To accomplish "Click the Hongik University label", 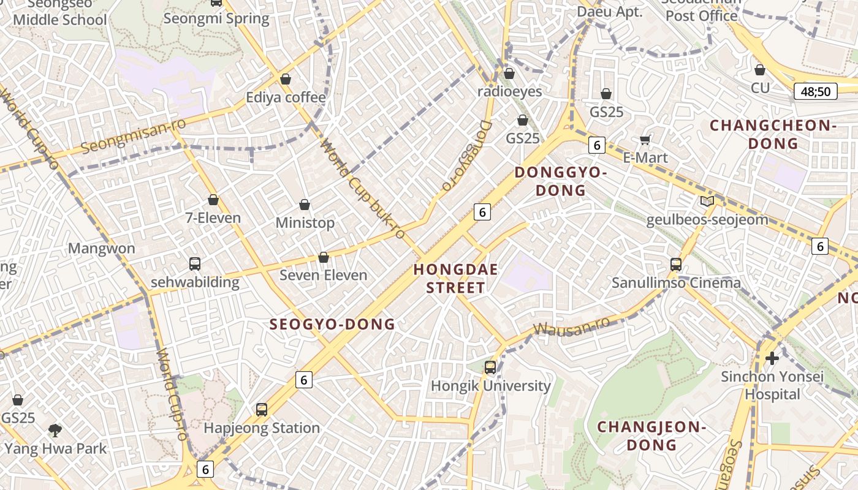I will pyautogui.click(x=491, y=386).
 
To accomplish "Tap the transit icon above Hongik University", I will pyautogui.click(x=490, y=367).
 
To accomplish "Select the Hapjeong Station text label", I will pyautogui.click(x=262, y=428).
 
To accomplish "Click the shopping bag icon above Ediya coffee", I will pyautogui.click(x=285, y=79).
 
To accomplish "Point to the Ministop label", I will pyautogui.click(x=305, y=222).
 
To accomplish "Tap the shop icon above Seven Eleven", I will pyautogui.click(x=323, y=257).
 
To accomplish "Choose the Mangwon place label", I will pyautogui.click(x=101, y=248).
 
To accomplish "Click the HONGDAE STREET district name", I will pyautogui.click(x=456, y=278).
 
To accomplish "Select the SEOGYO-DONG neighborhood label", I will pyautogui.click(x=333, y=325).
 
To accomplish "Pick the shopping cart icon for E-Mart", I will pyautogui.click(x=645, y=140).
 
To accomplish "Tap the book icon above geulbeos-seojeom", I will pyautogui.click(x=707, y=201).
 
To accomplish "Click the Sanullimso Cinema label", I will pyautogui.click(x=676, y=283).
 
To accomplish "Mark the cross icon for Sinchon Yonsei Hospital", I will pyautogui.click(x=772, y=358).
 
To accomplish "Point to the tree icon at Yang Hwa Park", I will pyautogui.click(x=55, y=430).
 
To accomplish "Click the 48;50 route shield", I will pyautogui.click(x=816, y=92).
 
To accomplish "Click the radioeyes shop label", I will pyautogui.click(x=510, y=91).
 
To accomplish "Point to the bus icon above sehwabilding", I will pyautogui.click(x=195, y=264).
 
